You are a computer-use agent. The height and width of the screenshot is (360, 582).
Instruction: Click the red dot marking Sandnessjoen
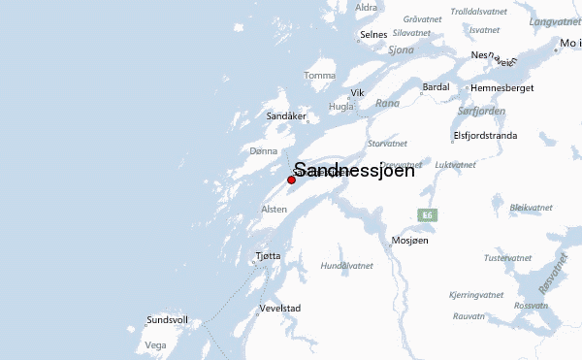pyautogui.click(x=291, y=180)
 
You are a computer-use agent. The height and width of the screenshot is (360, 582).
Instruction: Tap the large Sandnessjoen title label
pyautogui.click(x=353, y=170)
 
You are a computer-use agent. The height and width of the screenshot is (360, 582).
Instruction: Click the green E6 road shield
pyautogui.click(x=427, y=214)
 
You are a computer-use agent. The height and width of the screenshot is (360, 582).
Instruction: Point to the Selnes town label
pyautogui.click(x=373, y=35)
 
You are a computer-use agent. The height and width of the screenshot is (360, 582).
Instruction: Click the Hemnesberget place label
pyautogui.click(x=501, y=87)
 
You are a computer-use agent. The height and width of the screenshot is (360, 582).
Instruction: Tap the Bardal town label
pyautogui.click(x=436, y=87)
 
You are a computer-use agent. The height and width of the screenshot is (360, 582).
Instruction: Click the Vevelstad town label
pyautogui.click(x=280, y=310)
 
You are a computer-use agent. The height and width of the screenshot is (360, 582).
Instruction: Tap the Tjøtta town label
pyautogui.click(x=268, y=256)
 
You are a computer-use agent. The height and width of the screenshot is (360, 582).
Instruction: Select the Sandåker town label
pyautogui.click(x=287, y=116)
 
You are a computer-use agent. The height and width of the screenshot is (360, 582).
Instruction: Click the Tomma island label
pyautogui.click(x=319, y=76)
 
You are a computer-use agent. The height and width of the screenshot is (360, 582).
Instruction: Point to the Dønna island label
pyautogui.click(x=263, y=151)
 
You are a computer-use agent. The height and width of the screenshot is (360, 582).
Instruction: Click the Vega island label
pyautogui.click(x=155, y=344)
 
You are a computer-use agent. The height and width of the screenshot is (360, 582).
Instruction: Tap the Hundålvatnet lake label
pyautogui.click(x=346, y=265)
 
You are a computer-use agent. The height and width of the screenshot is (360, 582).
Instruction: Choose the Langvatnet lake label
pyautogui.click(x=555, y=20)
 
